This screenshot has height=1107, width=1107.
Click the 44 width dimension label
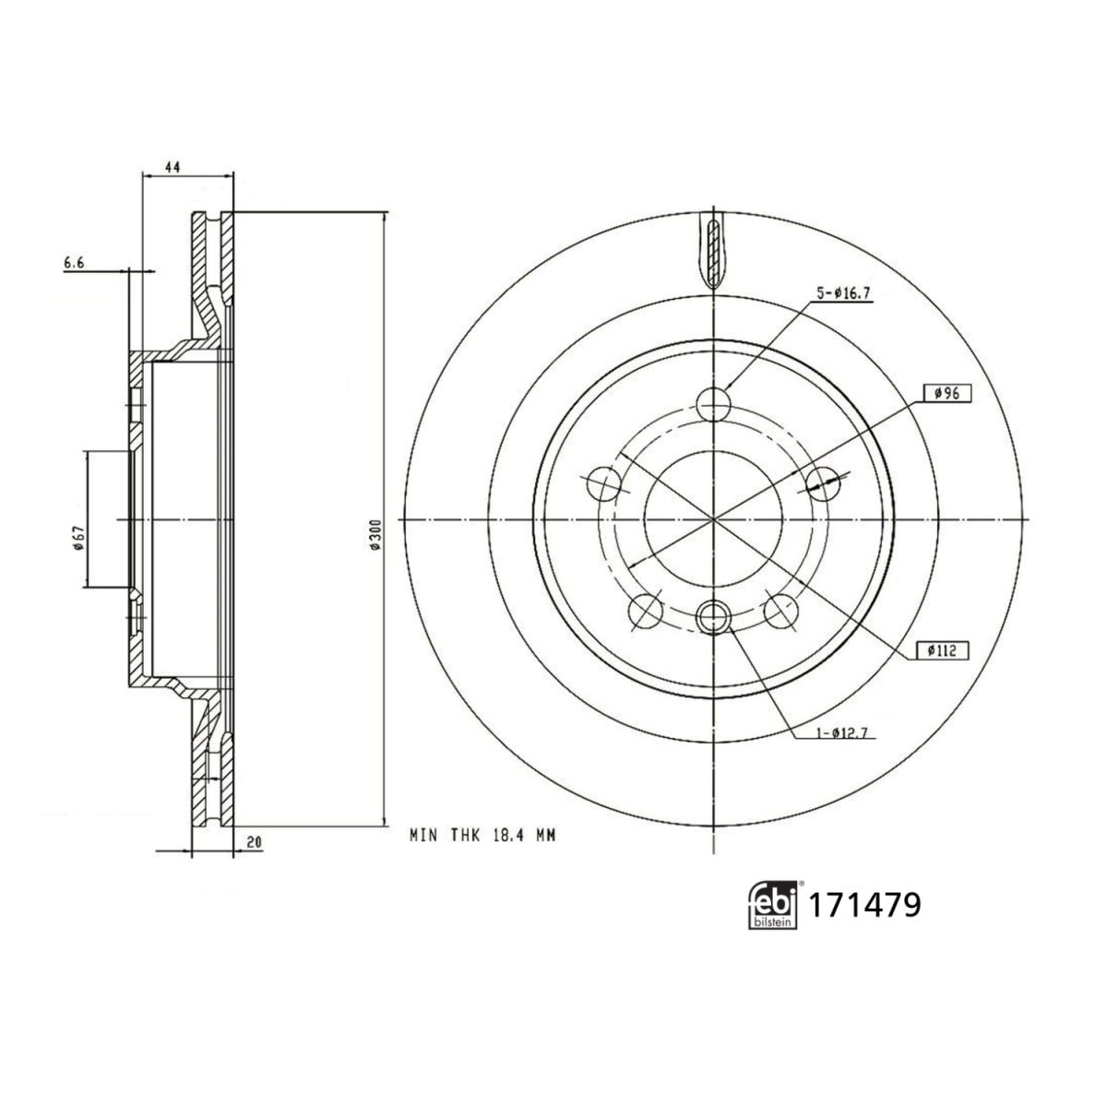[173, 168]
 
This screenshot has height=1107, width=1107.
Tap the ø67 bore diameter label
[79, 538]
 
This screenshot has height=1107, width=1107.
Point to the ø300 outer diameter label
[375, 537]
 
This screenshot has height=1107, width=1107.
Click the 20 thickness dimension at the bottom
[255, 842]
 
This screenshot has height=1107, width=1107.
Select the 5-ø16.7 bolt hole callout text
[844, 293]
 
